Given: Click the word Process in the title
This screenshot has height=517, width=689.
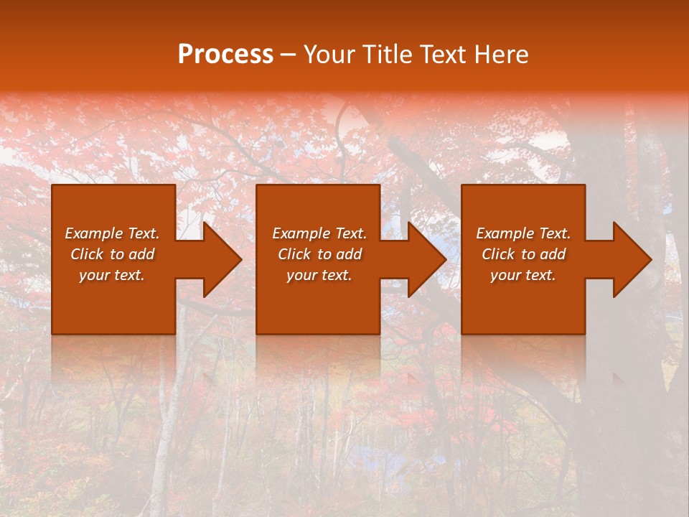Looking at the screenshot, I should click(225, 55).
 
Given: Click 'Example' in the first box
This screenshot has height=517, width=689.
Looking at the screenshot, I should click(93, 233).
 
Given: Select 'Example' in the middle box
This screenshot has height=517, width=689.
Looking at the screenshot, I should click(300, 233).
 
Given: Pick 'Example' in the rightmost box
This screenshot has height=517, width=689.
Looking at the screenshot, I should click(504, 233).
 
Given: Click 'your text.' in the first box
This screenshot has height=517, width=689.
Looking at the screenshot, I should click(111, 275).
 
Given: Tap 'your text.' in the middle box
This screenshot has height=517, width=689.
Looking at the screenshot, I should click(319, 275).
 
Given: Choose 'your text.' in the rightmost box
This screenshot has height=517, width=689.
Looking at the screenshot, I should click(522, 275).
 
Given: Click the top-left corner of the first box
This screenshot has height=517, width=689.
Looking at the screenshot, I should click(53, 186).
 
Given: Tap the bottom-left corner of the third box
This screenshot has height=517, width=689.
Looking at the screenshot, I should click(462, 333).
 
